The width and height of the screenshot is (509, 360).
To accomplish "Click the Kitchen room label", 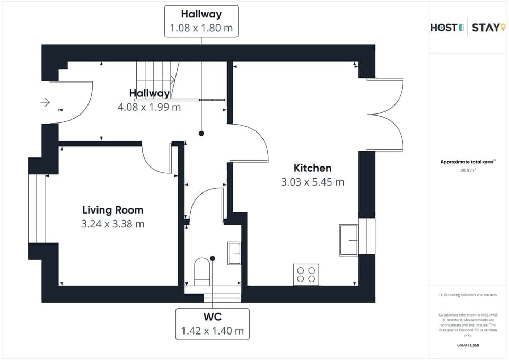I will [312, 168].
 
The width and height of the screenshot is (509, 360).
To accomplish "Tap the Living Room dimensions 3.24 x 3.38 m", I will [112, 224].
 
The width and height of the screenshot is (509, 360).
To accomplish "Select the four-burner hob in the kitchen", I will [306, 274].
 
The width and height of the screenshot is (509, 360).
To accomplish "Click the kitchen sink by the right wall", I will [349, 240].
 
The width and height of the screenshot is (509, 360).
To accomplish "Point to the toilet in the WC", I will [202, 271].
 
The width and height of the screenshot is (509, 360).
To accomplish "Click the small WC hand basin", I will [234, 253].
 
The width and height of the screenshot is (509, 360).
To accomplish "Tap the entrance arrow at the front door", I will [45, 102].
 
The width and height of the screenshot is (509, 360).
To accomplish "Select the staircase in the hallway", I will [156, 80].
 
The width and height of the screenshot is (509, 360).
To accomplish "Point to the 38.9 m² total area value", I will [468, 171].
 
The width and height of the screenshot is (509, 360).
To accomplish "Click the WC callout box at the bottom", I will [212, 324].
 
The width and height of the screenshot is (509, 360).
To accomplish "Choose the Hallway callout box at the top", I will [201, 21].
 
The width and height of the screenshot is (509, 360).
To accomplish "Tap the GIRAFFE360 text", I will [468, 345].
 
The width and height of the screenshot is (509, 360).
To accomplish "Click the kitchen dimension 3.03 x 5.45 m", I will [312, 182].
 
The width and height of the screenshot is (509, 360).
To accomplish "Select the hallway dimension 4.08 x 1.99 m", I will [149, 107].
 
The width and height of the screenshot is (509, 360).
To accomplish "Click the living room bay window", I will [36, 208].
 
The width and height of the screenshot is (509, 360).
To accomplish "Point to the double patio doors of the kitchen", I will [385, 115].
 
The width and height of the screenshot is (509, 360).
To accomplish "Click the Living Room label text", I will [112, 210].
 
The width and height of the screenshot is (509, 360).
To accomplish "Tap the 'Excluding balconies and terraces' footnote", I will [468, 295].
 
